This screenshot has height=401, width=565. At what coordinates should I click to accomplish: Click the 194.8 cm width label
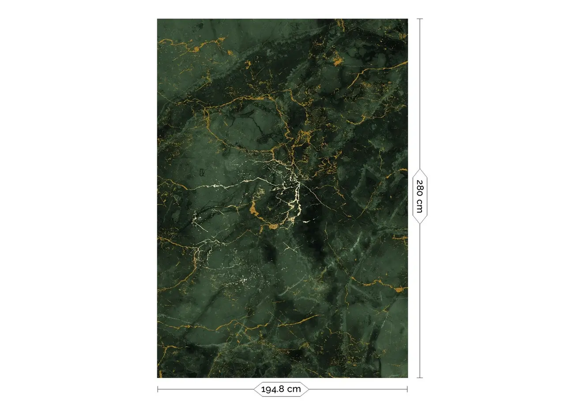pyautogui.click(x=281, y=389)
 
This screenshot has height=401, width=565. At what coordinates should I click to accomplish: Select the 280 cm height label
pyautogui.click(x=420, y=196)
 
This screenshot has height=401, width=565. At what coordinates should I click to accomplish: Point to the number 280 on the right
pyautogui.click(x=420, y=188)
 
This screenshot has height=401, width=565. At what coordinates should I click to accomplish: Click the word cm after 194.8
pyautogui.click(x=294, y=389)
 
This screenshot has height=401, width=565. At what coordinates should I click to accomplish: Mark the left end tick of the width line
pyautogui.click(x=158, y=389)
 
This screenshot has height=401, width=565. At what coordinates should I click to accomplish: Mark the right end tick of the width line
pyautogui.click(x=407, y=389)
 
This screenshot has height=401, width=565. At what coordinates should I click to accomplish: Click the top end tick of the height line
pyautogui.click(x=420, y=19)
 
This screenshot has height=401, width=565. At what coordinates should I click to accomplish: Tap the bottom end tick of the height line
pyautogui.click(x=420, y=378)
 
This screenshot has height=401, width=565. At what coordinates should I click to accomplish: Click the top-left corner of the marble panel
pyautogui.click(x=158, y=19)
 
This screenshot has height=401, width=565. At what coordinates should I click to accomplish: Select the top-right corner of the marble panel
pyautogui.click(x=407, y=19)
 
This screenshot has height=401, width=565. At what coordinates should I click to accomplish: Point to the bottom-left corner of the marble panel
pyautogui.click(x=158, y=377)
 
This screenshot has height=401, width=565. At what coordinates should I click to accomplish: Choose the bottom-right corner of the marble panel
pyautogui.click(x=407, y=377)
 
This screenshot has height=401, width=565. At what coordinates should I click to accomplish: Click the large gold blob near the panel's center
pyautogui.click(x=255, y=210)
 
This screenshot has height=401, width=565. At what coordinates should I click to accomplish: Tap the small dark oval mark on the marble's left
pyautogui.click(x=202, y=172)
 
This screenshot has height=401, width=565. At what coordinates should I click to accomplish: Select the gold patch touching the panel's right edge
pyautogui.click(x=399, y=290)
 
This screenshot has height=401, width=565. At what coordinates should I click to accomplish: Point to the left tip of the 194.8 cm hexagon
pyautogui.click(x=254, y=389)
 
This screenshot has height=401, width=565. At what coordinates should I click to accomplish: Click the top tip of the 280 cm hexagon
pyautogui.click(x=420, y=169)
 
